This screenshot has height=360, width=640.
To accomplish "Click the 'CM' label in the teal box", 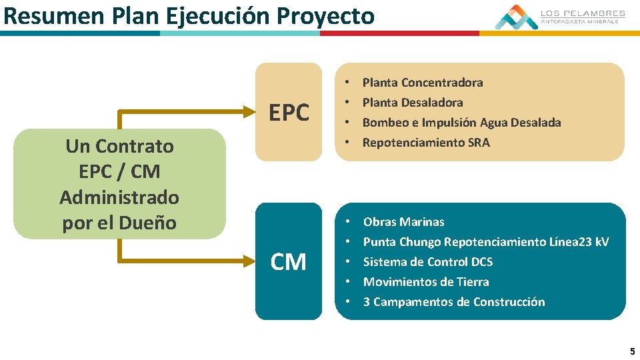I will point(289,262).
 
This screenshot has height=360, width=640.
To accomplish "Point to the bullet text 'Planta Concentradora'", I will point(422,83).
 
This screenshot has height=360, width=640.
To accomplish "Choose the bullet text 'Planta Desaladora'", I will point(412,103).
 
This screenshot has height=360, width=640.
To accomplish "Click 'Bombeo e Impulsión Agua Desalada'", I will point(461,123).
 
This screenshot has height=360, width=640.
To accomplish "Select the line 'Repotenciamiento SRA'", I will point(425,143).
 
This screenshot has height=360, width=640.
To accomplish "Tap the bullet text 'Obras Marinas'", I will point(403,222).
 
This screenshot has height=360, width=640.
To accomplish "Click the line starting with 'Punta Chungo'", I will point(485,242).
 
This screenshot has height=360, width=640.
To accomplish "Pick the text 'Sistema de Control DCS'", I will point(427,262).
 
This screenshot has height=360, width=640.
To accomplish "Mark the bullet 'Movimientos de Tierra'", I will point(425,282).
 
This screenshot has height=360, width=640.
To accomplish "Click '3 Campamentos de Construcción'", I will point(453,302).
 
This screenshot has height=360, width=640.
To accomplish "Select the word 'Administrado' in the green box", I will point(119,197).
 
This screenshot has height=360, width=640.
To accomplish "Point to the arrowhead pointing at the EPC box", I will point(251,111).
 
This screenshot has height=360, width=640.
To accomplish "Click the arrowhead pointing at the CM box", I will point(251,260).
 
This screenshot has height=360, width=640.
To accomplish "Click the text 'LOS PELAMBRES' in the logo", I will point(582,13).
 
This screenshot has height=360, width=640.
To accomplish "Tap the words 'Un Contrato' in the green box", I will point(119,146).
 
